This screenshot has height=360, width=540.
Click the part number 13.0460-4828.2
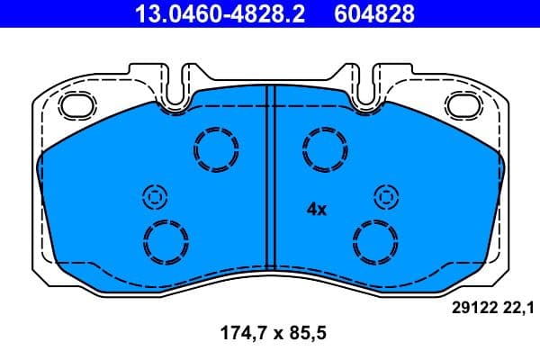[x=208, y=13]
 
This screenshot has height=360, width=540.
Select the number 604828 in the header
[x=376, y=13]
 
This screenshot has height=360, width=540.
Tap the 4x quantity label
[x=316, y=209]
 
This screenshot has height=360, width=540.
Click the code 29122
[x=470, y=309]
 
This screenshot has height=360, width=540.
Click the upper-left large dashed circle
[x=216, y=149]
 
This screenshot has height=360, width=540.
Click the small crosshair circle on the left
[x=154, y=196]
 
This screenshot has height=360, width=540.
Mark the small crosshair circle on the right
[x=385, y=196]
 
